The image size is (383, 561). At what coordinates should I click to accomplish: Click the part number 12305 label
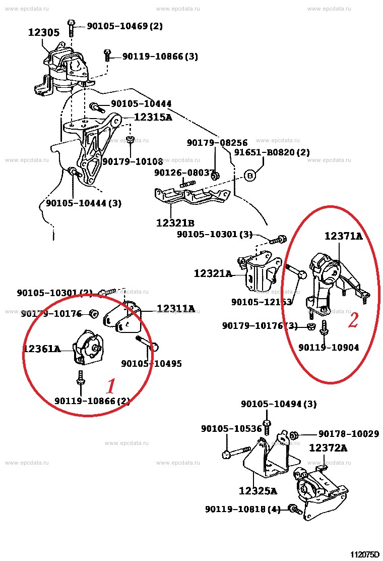tap(43, 33)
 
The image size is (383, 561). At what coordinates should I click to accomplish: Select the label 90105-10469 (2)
tap(124, 26)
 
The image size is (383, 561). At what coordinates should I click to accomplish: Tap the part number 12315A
tap(153, 118)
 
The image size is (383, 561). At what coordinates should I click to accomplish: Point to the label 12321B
tap(175, 222)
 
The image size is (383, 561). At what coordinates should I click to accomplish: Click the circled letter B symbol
tap(250, 176)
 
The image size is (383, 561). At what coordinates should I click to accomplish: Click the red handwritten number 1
tap(111, 386)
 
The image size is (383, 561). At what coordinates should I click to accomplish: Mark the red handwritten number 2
tap(353, 320)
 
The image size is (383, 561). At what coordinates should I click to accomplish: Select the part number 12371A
tap(343, 236)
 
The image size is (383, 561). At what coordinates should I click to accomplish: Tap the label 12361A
tap(41, 348)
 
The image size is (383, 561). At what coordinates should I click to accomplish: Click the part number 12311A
tap(175, 308)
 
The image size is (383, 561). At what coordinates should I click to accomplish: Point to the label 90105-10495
tap(151, 363)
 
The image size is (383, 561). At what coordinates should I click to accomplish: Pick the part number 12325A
tap(258, 490)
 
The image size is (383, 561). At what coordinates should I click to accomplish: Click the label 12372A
tap(328, 447)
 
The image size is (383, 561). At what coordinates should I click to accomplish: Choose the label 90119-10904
tap(329, 348)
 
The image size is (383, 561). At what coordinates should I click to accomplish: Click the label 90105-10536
tap(231, 429)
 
